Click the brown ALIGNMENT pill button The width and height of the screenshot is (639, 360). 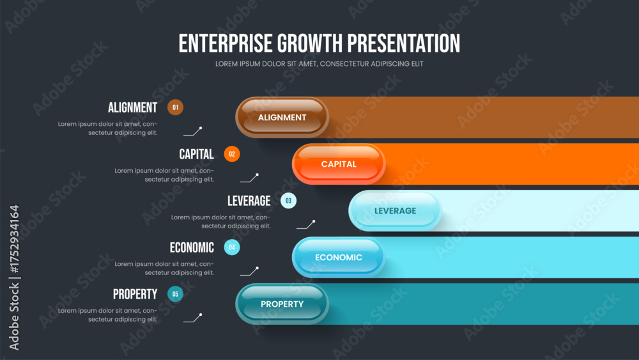point(282,118)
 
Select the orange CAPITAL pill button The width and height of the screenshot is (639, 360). point(339,164)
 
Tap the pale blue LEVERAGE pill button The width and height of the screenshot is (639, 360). point(396,211)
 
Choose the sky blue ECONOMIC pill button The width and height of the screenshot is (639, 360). point(339,257)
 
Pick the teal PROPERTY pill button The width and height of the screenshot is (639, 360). point(282,304)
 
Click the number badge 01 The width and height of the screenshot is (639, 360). point(175,107)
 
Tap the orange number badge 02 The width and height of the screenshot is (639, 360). point(232,154)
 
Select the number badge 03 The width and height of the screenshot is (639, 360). point(289,201)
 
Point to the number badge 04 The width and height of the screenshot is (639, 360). point(232,247)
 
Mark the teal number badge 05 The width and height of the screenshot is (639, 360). point(175,294)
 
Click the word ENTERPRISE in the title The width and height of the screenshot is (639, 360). point(226,43)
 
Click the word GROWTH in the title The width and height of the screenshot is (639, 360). point(310,43)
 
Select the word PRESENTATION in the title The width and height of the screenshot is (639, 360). point(404,43)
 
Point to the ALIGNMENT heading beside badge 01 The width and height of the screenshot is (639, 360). point(132,107)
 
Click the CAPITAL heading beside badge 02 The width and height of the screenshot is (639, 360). point(196,154)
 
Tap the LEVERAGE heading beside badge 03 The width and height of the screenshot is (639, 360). point(249,201)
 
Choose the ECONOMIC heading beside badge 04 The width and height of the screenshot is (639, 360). point(192,247)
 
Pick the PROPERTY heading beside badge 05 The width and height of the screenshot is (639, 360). point(135,294)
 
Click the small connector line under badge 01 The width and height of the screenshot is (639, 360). point(193,131)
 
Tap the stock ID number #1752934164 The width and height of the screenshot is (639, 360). point(14,239)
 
